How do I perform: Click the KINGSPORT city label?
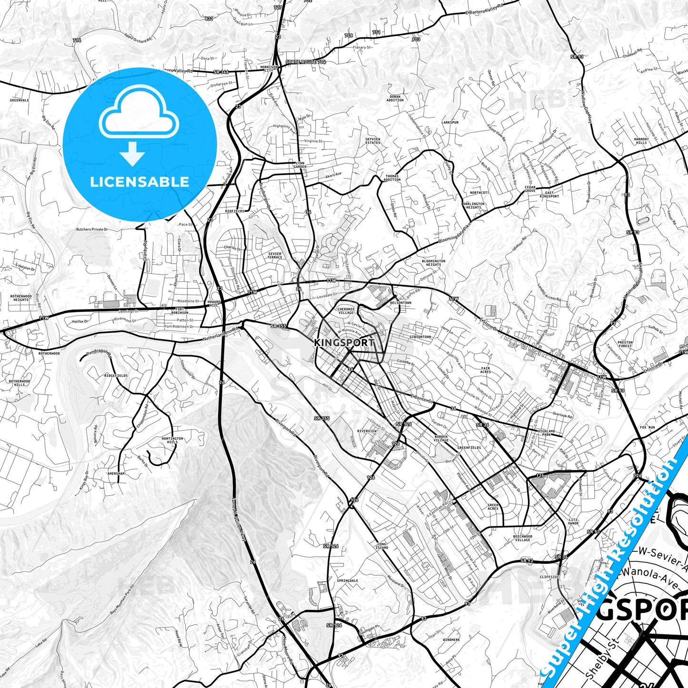pos(344,342)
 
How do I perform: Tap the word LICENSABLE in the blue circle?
pos(140,182)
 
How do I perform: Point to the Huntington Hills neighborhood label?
pos(172,440)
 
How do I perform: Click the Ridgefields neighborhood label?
pos(116,376)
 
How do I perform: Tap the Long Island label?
pos(382,546)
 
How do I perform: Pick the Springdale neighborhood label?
pos(347,581)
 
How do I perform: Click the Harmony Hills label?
pos(641,141)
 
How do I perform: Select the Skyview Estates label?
pos(372,141)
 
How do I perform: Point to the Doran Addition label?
pos(395,99)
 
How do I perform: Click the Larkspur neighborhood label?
pos(450,122)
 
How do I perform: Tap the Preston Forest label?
pos(625,344)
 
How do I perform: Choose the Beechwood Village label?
pos(522,538)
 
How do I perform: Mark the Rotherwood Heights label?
pos(21,298)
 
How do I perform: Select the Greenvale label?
pos(20,100)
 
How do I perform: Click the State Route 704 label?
pos(306,62)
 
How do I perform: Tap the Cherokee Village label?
pos(346,311)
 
